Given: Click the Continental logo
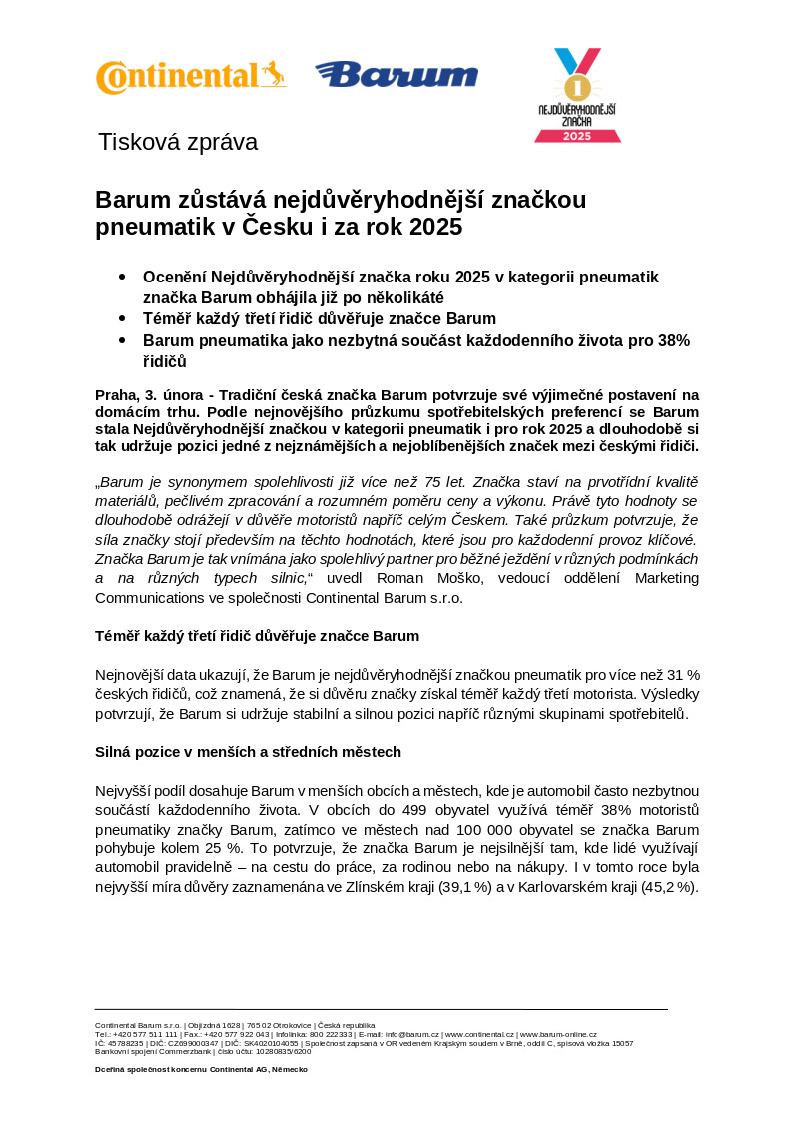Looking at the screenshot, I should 190,77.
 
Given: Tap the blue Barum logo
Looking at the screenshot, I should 397,74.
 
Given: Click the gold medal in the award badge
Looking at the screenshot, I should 577,83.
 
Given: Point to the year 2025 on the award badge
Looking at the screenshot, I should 577,135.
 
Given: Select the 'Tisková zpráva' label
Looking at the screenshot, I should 178,142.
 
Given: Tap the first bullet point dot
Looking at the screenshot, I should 122,276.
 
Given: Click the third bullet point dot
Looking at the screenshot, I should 122,340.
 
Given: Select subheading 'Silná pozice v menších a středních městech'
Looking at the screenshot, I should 248,751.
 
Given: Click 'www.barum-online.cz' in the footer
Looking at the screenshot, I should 557,1035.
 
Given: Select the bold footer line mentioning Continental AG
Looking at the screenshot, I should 201,1069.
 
